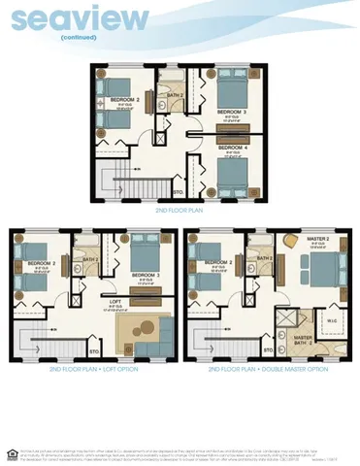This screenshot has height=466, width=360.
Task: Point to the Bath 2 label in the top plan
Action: tap(175, 95)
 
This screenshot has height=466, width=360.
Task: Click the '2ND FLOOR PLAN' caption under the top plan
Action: tap(179, 209)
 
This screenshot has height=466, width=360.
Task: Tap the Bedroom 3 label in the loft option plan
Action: tap(145, 276)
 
